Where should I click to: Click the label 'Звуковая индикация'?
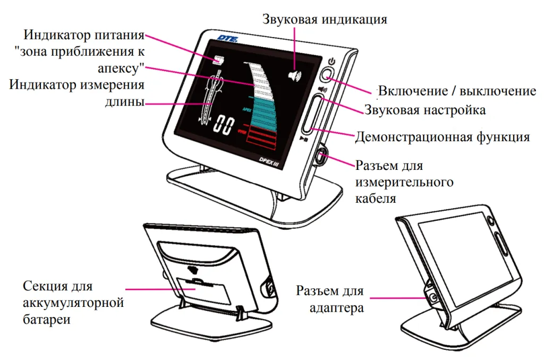[x=325, y=20]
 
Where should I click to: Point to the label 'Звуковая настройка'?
[x=424, y=110]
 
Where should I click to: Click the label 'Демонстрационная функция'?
[x=442, y=137]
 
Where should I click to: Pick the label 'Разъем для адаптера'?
[x=330, y=299]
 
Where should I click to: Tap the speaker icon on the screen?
[x=294, y=76]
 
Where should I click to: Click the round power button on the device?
[x=330, y=74]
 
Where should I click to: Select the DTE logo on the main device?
[x=227, y=38]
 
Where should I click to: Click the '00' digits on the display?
[x=223, y=125]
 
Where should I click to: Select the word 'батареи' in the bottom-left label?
[x=47, y=320]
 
